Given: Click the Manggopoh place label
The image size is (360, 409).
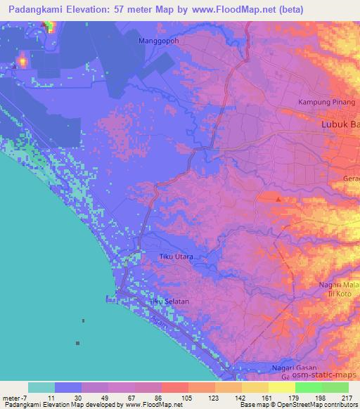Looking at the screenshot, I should point(157,41).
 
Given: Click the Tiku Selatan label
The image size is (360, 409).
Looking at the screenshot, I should point(169,301).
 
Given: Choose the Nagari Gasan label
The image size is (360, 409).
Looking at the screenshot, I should point(295,368).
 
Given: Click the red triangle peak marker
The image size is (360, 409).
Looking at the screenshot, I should point(279,200).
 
